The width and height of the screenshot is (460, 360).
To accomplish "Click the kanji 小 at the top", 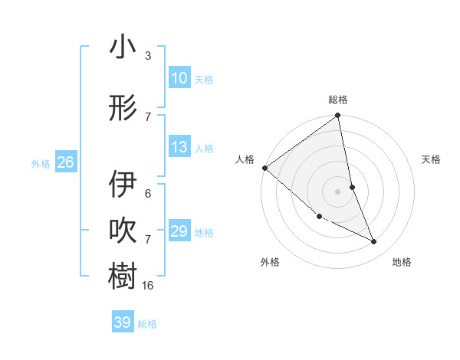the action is click(123, 48).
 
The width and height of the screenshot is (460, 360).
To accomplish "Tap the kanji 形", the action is click(123, 108).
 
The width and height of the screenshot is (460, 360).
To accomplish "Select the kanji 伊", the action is click(123, 184).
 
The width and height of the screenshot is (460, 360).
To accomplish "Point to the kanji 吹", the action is click(123, 231).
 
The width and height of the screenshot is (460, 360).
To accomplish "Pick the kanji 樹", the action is click(123, 276).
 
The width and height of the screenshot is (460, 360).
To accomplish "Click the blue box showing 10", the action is click(179, 79).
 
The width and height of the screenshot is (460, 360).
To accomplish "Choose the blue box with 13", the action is click(179, 148).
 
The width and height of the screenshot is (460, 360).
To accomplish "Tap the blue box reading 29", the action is click(179, 231).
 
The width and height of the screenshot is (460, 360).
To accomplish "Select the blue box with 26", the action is click(66, 162).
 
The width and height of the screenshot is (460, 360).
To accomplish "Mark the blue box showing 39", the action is click(123, 322).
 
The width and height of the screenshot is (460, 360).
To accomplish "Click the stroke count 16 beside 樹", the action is click(148, 286).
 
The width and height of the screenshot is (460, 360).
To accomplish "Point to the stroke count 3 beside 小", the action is click(148, 56).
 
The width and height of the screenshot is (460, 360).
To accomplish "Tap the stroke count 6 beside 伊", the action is click(148, 193).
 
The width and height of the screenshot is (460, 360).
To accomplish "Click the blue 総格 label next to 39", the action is click(147, 324).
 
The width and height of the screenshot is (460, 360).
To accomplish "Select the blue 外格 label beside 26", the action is click(41, 163).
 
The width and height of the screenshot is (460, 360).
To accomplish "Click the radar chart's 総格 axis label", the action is click(338, 100).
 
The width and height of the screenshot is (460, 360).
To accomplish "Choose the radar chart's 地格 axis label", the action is click(402, 262).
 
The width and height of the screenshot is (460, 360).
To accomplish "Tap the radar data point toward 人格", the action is click(264, 168).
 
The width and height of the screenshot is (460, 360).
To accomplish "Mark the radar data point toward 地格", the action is click(374, 242).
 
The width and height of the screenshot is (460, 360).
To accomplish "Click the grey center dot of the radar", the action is click(337, 191).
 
